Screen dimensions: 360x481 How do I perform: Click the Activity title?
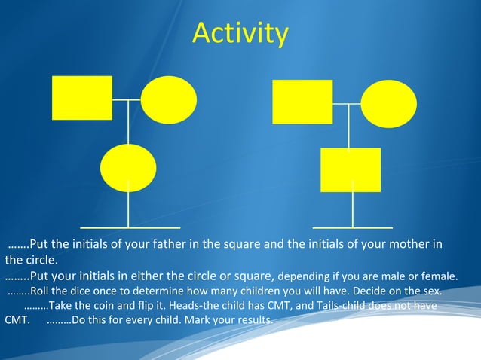[240, 34]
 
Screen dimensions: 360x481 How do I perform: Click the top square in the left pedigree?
[81, 98]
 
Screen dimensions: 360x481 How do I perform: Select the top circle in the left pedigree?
[169, 99]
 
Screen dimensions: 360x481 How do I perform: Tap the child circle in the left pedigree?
[128, 166]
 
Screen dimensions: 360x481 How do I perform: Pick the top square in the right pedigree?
[302, 102]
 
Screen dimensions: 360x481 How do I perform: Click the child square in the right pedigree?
[351, 169]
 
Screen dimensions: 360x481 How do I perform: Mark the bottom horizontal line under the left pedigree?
[130, 226]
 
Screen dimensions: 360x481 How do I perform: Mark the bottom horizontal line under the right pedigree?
[352, 226]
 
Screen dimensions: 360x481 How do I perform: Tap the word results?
[252, 321]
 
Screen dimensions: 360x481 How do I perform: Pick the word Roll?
[41, 291]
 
